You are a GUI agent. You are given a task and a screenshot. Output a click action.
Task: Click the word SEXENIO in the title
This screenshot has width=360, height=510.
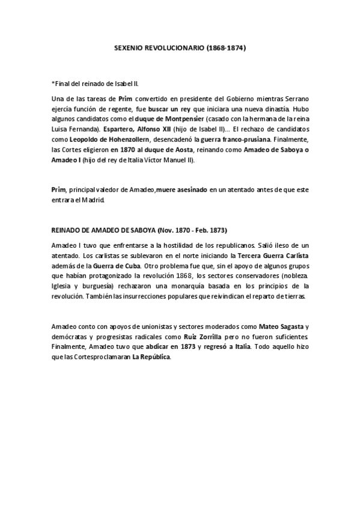128,46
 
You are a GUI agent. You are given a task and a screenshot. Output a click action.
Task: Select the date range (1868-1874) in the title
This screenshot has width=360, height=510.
225,46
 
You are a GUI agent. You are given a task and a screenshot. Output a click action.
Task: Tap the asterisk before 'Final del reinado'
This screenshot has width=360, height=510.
53,84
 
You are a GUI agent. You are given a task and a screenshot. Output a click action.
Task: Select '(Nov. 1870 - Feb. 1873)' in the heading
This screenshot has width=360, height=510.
193,230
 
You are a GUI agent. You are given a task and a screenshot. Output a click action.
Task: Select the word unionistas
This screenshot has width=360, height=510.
149,327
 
